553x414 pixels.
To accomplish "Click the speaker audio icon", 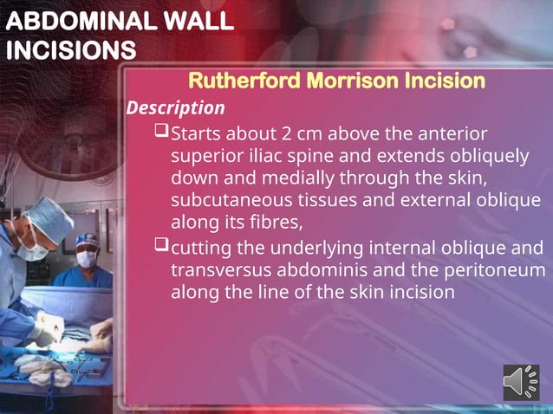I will (x=521, y=383).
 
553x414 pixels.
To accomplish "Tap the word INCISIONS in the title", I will (x=70, y=50).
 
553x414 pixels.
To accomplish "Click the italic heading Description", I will (x=175, y=108).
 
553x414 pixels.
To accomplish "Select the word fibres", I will (x=273, y=223).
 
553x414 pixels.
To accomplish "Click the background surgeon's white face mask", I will (x=86, y=258).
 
